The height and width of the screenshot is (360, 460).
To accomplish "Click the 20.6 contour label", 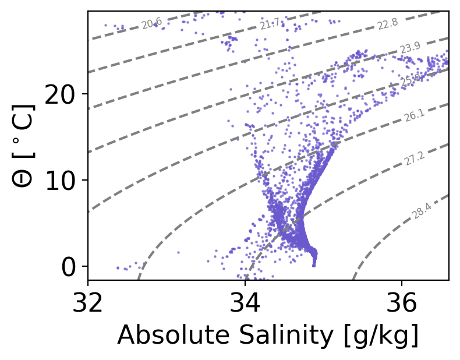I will click(x=151, y=23).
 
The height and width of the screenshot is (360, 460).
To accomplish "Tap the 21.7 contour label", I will click(x=270, y=24).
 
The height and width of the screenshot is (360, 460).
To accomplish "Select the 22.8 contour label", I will click(x=387, y=24).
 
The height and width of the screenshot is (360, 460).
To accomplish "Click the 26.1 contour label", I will click(x=414, y=117).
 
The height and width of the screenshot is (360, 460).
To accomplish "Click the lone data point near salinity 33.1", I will click(x=178, y=253).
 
